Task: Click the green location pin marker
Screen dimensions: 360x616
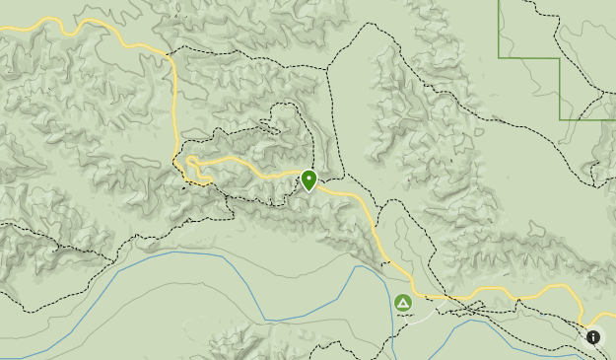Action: pos(309,180)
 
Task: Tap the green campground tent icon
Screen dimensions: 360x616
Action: pos(403,303)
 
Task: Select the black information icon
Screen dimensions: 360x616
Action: pos(593,337)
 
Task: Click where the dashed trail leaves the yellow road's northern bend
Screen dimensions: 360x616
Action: pos(170,51)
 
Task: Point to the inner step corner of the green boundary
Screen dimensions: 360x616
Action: pos(560,59)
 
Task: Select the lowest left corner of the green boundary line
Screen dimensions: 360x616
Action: pos(560,119)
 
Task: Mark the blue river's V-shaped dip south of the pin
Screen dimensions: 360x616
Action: pos(266,320)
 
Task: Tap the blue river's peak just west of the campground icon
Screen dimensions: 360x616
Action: pos(360,266)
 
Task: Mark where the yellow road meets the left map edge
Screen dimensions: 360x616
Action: pos(2,30)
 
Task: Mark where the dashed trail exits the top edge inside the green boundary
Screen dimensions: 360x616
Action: pos(522,2)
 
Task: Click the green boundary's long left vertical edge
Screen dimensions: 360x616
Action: pos(500,30)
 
